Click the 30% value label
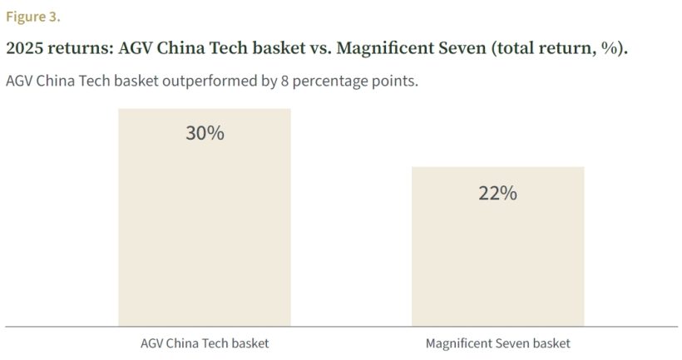pyautogui.click(x=205, y=133)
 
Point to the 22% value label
pyautogui.click(x=497, y=193)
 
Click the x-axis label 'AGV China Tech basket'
pyautogui.click(x=205, y=343)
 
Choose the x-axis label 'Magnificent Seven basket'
pyautogui.click(x=497, y=343)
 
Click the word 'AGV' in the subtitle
pyautogui.click(x=20, y=82)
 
